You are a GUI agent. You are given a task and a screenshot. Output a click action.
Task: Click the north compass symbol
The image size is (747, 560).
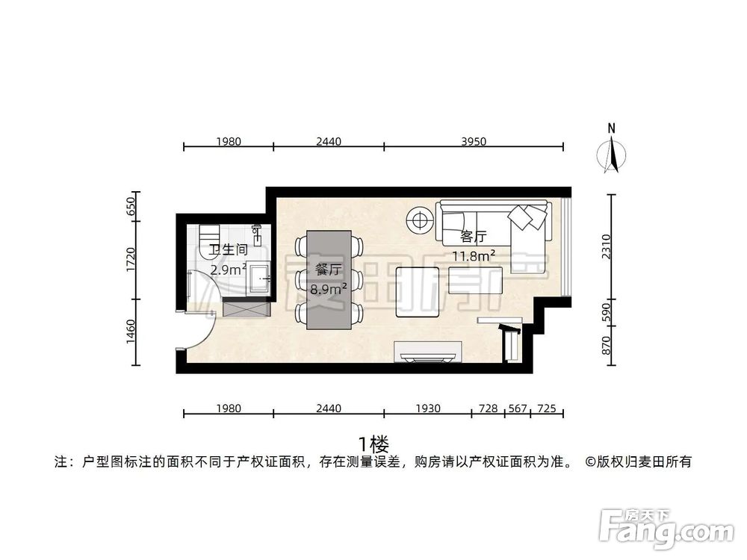click(612, 153)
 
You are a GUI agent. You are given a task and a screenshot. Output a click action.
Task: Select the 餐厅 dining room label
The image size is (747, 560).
click(329, 270)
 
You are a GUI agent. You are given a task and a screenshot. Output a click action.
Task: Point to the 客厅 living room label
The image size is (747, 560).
click(473, 237)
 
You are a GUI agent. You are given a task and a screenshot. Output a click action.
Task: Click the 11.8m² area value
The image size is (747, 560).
click(474, 256)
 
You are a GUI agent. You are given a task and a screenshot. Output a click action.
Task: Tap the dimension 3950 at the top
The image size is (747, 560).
click(473, 141)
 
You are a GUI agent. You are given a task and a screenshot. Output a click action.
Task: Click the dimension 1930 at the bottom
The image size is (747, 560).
click(427, 408)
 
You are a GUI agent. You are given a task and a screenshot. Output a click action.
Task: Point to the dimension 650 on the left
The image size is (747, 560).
click(131, 205)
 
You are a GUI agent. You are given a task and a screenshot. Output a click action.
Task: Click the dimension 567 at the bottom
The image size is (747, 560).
click(517, 408)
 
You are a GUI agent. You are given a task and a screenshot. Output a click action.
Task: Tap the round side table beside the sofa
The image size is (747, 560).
click(420, 220)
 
